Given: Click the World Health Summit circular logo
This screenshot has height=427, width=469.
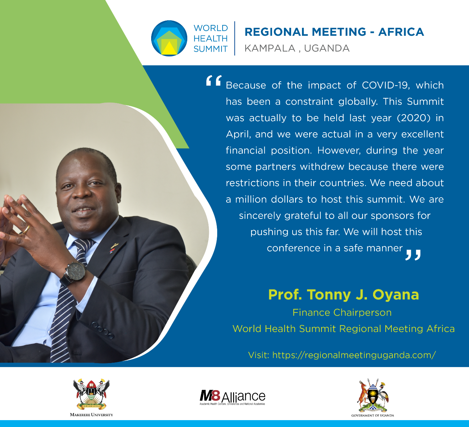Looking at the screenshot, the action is pyautogui.click(x=169, y=38).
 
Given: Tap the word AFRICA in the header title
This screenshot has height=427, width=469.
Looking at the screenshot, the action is pyautogui.click(x=401, y=32).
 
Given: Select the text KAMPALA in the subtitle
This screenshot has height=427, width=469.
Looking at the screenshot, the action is pyautogui.click(x=270, y=48).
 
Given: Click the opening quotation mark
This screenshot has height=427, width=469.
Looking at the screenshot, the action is pyautogui.click(x=214, y=81).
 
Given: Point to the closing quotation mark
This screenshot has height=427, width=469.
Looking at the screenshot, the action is pyautogui.click(x=413, y=255).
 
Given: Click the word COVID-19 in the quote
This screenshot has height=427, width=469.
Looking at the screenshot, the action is pyautogui.click(x=386, y=86).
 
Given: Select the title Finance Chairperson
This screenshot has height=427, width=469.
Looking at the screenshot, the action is pyautogui.click(x=342, y=312).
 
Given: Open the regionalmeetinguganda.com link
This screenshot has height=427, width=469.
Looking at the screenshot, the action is pyautogui.click(x=354, y=355).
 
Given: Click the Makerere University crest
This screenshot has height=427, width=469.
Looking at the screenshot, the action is pyautogui.click(x=91, y=394).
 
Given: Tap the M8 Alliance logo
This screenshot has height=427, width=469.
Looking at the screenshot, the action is pyautogui.click(x=232, y=397).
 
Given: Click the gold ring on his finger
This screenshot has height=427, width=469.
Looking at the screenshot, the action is pyautogui.click(x=26, y=229).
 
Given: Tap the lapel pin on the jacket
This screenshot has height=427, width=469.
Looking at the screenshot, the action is pyautogui.click(x=114, y=248).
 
